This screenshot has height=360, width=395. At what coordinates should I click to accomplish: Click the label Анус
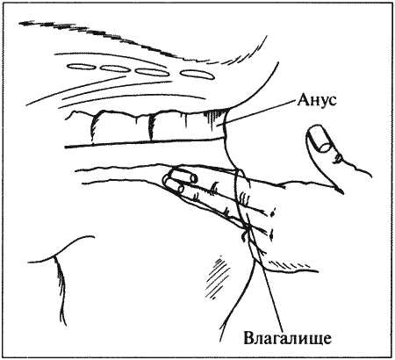click(x=317, y=100)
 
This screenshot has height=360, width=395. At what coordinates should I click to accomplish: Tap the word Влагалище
click(x=287, y=339)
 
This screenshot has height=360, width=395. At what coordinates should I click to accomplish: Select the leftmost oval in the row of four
click(x=82, y=67)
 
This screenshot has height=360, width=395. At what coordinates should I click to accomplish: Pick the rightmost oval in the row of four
click(x=197, y=75)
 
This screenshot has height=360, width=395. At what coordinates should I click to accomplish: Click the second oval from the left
click(x=117, y=68)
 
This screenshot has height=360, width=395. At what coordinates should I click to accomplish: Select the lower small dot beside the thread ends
click(x=271, y=234)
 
